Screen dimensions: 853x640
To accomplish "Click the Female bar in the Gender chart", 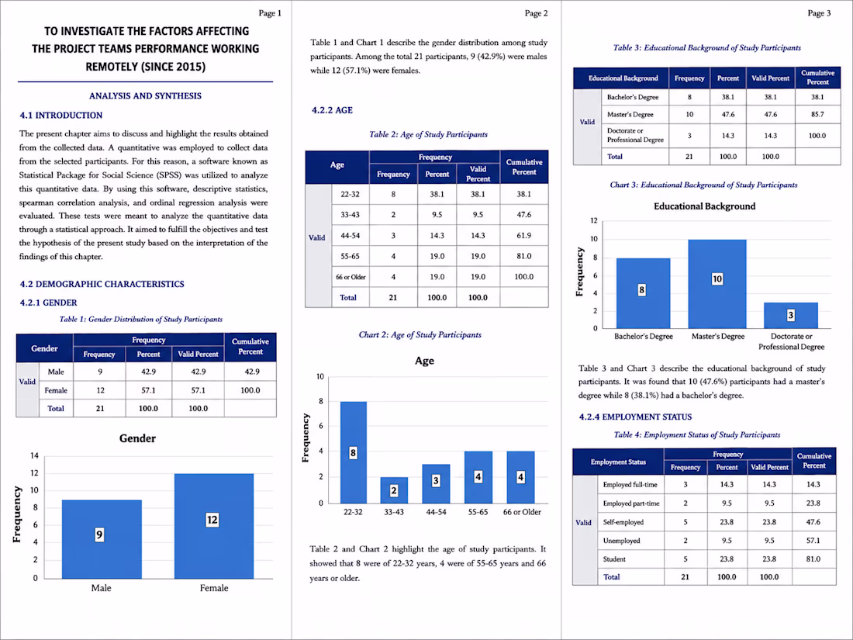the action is click(x=214, y=526).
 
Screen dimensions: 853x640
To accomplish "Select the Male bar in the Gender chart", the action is click(x=102, y=539).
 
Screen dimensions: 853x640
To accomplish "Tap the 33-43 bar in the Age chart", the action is click(x=394, y=490).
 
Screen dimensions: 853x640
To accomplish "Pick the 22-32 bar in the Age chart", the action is click(x=353, y=452).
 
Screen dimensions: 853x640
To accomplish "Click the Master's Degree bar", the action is click(x=717, y=283).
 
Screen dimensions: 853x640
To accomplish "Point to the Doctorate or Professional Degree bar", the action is click(x=790, y=315).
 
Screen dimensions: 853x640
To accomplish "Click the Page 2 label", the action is click(x=536, y=13).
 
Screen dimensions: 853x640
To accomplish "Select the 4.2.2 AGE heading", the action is click(x=332, y=110).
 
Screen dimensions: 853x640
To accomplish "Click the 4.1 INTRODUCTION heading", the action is click(x=61, y=116).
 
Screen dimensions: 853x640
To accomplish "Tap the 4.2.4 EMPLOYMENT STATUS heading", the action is click(x=635, y=417).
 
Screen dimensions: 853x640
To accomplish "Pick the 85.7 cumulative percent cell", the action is click(x=817, y=114).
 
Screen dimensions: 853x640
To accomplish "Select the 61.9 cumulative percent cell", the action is click(x=524, y=235).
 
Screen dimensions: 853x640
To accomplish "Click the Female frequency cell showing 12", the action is click(x=99, y=390).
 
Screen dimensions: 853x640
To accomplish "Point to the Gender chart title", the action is click(x=137, y=438).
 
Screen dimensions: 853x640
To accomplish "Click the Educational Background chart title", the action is click(x=704, y=206).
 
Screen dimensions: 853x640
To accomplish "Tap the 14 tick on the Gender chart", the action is click(x=34, y=455).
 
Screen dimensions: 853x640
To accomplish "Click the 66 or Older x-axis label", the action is click(x=522, y=511).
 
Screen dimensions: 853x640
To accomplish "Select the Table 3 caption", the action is click(x=706, y=48).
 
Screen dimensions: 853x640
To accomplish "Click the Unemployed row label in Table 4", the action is click(x=621, y=541).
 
